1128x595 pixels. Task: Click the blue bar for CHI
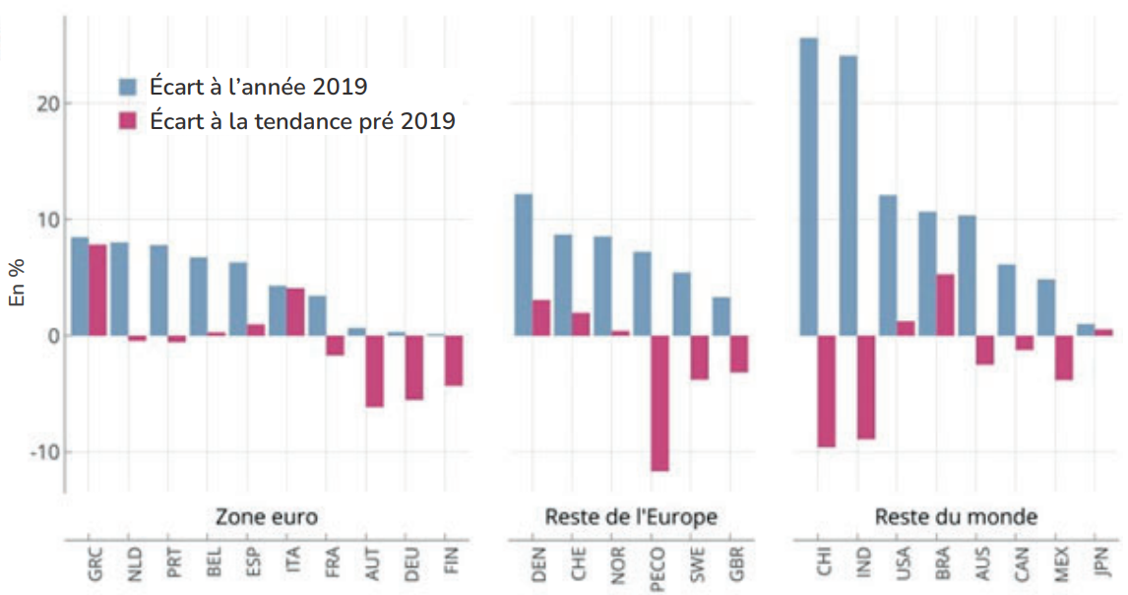[808, 187]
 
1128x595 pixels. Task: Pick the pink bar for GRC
[97, 291]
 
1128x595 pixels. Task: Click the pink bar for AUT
[374, 371]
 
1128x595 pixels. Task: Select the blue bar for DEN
[524, 265]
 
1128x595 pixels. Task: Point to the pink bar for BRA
[945, 305]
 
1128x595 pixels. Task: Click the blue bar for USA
[888, 265]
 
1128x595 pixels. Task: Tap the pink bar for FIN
[453, 361]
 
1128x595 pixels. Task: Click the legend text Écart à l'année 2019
[259, 87]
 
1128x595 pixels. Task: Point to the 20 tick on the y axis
[45, 103]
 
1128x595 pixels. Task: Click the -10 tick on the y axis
[41, 452]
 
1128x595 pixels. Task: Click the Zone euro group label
[266, 517]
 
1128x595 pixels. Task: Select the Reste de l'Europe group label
[631, 517]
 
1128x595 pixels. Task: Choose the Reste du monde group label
[956, 517]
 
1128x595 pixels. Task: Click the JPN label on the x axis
[1103, 562]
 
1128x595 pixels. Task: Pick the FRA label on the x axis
[335, 562]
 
